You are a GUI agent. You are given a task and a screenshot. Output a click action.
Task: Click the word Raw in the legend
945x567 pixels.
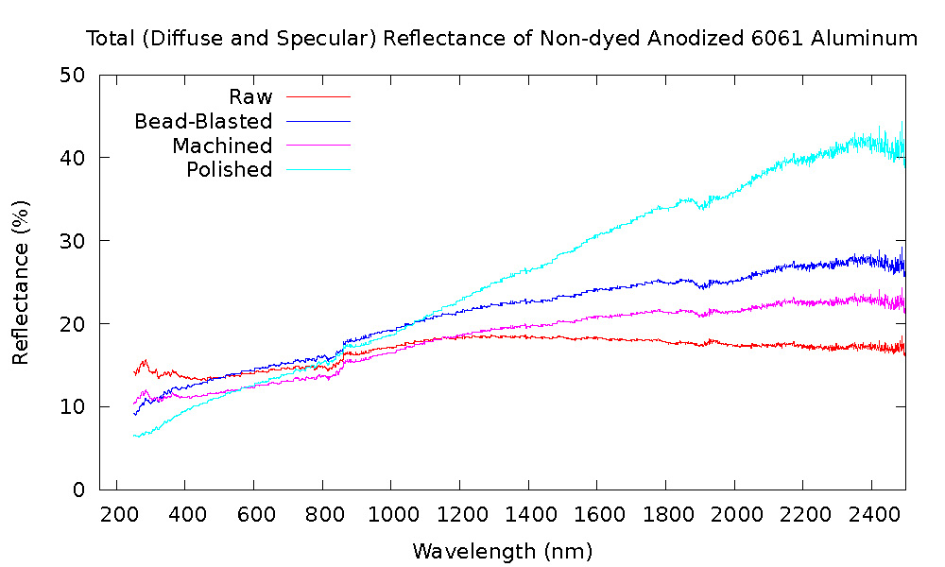coord(250,96)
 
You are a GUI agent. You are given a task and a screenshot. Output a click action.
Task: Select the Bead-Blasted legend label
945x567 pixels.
coord(203,121)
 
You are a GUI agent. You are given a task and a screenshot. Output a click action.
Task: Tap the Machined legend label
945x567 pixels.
coord(222,146)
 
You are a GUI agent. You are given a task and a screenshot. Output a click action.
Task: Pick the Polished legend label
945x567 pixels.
coord(229,170)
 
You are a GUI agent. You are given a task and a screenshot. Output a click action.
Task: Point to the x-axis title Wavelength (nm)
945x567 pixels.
coord(502,550)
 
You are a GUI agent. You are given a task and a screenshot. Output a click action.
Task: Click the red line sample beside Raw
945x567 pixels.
coord(318,96)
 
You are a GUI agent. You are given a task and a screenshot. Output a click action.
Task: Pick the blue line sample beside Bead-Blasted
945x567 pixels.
coord(318,121)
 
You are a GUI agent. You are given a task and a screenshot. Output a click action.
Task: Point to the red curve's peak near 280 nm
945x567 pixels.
coord(146,361)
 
